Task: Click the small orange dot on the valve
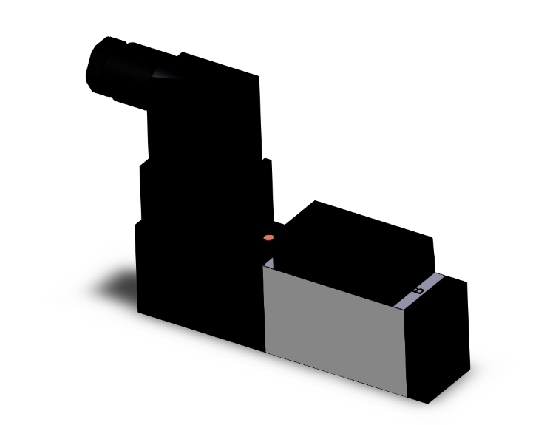coord(268,238)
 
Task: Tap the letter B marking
coord(418,292)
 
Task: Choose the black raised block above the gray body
coord(355,237)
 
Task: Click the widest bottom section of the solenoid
coord(200,281)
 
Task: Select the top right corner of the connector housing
coord(258,74)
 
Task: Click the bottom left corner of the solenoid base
coord(140,313)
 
